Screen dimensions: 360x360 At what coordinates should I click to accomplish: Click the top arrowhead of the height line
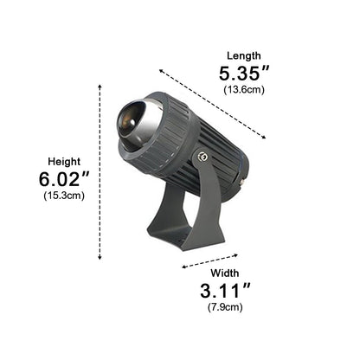tap(100, 86)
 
